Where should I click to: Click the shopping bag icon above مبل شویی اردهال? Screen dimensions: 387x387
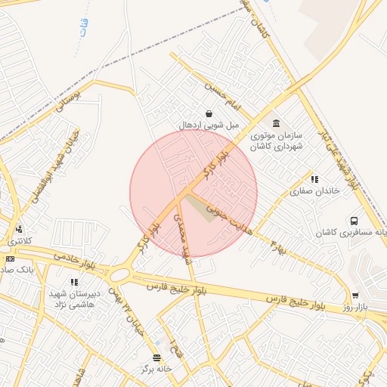(x=209, y=113)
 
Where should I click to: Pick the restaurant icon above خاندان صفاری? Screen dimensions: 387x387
(x=314, y=179)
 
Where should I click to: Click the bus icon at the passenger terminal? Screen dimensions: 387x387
(x=353, y=221)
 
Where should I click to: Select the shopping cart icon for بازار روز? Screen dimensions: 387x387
(x=354, y=295)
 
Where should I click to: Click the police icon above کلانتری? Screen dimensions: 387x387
(x=18, y=229)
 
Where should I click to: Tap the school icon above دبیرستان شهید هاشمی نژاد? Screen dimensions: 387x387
(x=74, y=282)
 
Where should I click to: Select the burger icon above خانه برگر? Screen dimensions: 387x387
(x=156, y=358)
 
